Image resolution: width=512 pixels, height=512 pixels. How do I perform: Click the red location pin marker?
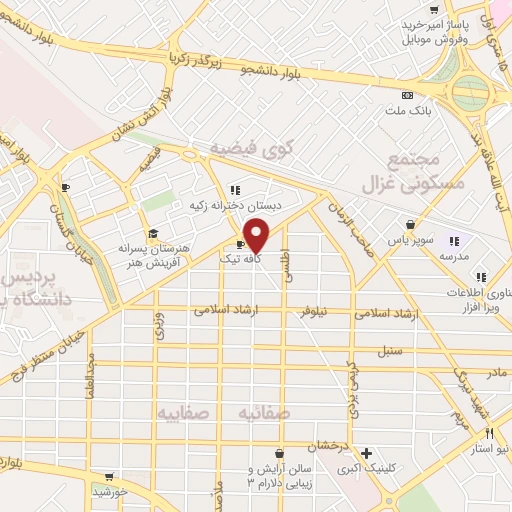[256, 236]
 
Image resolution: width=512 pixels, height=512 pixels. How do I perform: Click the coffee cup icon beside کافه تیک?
[240, 244]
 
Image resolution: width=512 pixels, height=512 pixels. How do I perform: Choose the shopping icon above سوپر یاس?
[410, 225]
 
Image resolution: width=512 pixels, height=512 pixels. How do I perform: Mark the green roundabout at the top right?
[469, 93]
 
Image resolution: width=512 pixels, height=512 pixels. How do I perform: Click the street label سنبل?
[388, 351]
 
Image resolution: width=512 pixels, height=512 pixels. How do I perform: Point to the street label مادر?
[497, 372]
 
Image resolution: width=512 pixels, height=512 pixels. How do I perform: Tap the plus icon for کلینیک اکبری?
[366, 453]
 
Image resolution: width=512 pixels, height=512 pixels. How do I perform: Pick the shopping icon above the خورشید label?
[108, 477]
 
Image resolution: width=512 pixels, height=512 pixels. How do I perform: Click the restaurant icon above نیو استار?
[489, 433]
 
